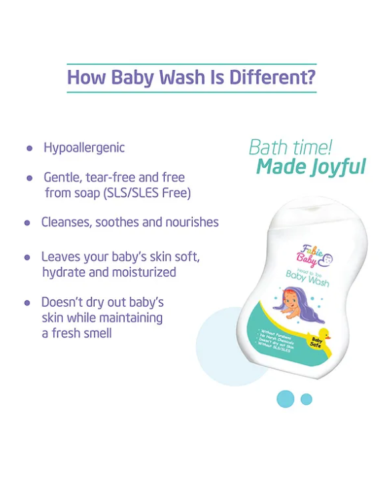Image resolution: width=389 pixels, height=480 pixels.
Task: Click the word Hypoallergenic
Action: tap(84, 147)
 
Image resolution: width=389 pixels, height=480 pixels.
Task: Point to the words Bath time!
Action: tap(290, 147)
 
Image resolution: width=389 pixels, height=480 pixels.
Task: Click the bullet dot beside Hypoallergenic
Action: tap(29, 148)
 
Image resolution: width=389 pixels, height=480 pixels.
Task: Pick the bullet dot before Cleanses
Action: tap(27, 223)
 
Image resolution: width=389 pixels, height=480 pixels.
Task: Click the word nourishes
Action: tap(190, 222)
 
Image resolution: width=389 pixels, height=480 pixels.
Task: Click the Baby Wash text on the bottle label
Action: tap(308, 277)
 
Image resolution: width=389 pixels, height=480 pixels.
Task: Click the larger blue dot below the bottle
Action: tap(286, 399)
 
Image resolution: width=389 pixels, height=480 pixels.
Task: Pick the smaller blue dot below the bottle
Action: tap(306, 399)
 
